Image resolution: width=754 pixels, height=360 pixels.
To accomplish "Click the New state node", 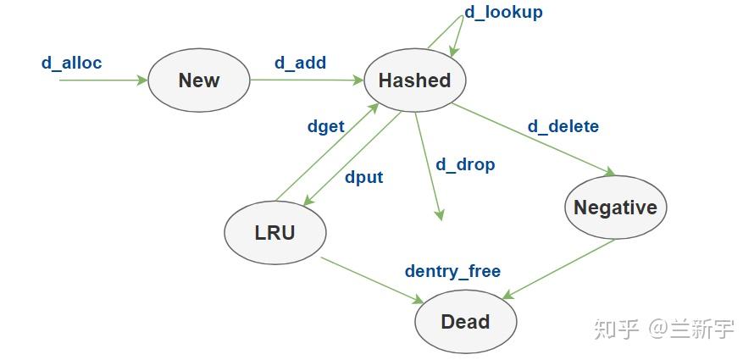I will click(x=199, y=81).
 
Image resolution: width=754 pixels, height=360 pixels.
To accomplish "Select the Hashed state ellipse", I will click(x=414, y=81).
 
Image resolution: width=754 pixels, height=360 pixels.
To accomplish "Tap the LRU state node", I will click(x=275, y=232).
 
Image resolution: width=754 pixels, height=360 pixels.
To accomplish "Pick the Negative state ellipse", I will click(x=615, y=208).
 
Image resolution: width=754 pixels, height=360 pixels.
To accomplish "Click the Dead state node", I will click(x=465, y=322).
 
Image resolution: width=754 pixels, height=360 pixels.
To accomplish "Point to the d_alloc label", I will click(x=72, y=63).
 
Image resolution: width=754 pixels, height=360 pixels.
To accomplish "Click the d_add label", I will click(x=300, y=63).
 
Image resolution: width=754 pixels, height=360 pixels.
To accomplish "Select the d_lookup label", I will click(x=503, y=12).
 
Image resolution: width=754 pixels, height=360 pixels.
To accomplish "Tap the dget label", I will click(x=325, y=126).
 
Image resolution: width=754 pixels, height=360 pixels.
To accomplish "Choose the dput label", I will click(x=363, y=177).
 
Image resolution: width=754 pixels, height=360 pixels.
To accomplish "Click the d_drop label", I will click(x=465, y=163).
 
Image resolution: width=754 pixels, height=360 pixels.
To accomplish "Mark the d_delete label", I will click(x=563, y=126).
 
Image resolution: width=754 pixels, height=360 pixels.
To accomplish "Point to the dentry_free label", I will click(x=452, y=271).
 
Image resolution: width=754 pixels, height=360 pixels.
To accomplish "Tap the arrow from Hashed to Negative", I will click(x=534, y=139).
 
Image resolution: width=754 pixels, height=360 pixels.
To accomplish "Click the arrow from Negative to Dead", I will click(x=559, y=269).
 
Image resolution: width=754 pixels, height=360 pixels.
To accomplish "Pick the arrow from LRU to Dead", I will click(x=373, y=280).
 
